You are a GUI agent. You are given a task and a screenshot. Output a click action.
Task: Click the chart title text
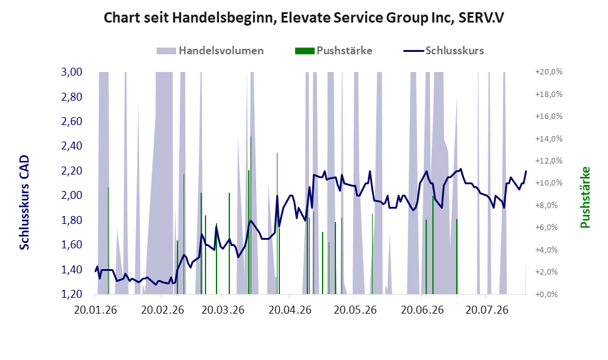pos(304,18)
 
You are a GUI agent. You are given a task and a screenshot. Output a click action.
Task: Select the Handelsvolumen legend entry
pos(210,51)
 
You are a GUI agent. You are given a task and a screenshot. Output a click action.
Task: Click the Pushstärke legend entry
pos(334,51)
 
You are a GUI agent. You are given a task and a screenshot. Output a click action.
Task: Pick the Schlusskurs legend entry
pos(443,51)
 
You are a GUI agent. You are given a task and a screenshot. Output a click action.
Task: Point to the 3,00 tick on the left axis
pos(72,72)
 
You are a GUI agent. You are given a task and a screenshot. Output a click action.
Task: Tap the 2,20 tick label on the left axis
pos(72,171)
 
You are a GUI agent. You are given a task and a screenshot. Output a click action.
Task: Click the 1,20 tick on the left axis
pos(72,294)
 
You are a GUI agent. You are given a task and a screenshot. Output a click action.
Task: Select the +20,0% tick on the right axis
pos(549,72)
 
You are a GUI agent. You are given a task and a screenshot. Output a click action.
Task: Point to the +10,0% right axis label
pos(549,182)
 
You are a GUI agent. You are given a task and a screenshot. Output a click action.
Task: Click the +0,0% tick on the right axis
pos(549,294)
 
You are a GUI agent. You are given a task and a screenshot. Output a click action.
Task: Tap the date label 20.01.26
pos(95,310)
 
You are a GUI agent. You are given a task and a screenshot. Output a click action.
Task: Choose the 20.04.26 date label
pos(290,310)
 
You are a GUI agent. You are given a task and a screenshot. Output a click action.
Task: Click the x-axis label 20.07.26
pos(487,310)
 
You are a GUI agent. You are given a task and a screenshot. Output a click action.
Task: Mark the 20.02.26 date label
pos(162,310)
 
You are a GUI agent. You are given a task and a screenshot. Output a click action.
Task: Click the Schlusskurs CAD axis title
pos(24,203)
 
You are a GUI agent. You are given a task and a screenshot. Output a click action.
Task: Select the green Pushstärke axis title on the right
pos(585,198)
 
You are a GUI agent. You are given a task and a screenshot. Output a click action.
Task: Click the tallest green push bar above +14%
pos(251,215)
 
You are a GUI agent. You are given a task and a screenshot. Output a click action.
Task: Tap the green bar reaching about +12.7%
pos(277,223)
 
